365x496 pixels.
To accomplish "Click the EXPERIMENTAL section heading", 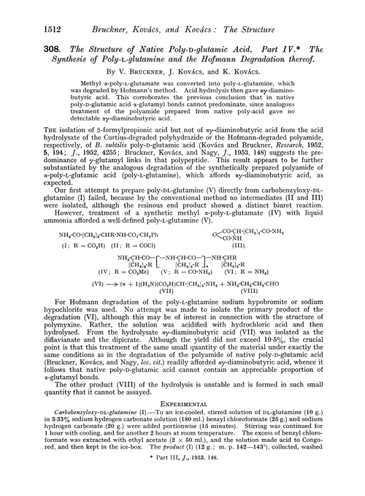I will (182, 431).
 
